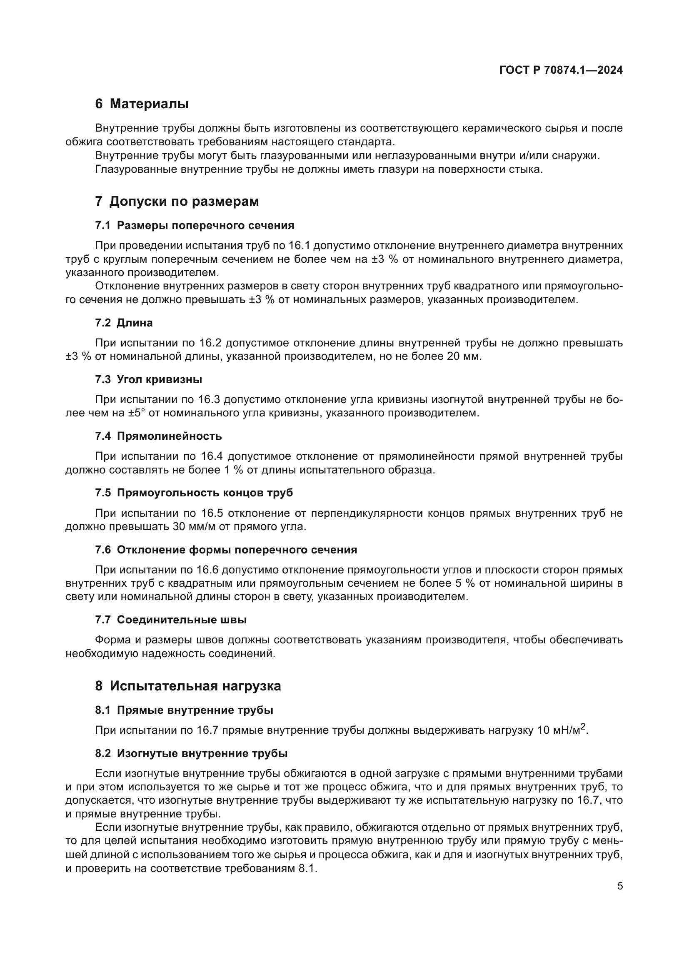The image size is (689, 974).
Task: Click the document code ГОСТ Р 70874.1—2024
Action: [x=561, y=70]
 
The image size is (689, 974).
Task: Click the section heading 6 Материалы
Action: [x=142, y=104]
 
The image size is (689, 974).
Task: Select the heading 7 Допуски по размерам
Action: [x=177, y=201]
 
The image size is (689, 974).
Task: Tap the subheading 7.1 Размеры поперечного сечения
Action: [x=194, y=225]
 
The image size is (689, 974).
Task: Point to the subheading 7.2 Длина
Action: [x=123, y=323]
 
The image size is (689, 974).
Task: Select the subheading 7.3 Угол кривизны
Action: [x=148, y=379]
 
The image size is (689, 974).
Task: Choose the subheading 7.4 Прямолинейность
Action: [x=158, y=436]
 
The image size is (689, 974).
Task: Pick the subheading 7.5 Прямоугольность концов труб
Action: [x=194, y=493]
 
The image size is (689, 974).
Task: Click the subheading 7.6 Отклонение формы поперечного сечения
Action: [x=226, y=550]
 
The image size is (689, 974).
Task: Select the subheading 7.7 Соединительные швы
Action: [x=170, y=620]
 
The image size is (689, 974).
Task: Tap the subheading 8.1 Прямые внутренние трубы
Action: [x=184, y=710]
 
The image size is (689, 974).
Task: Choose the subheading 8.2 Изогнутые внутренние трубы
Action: [x=191, y=753]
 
